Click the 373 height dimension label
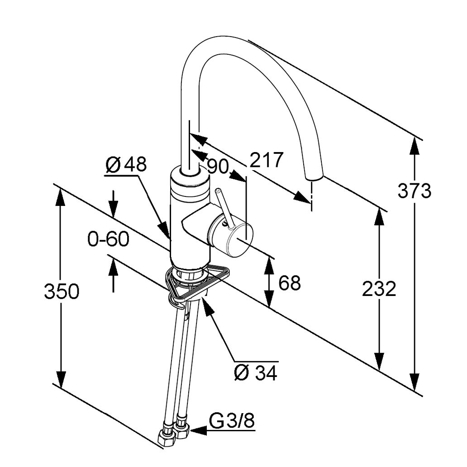(414, 191)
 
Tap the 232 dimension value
(379, 289)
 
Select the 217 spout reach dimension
(267, 160)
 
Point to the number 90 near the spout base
(218, 167)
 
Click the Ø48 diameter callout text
(126, 165)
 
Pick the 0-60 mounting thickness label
(109, 239)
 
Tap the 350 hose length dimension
(62, 291)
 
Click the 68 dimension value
(290, 283)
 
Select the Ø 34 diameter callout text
(256, 373)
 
